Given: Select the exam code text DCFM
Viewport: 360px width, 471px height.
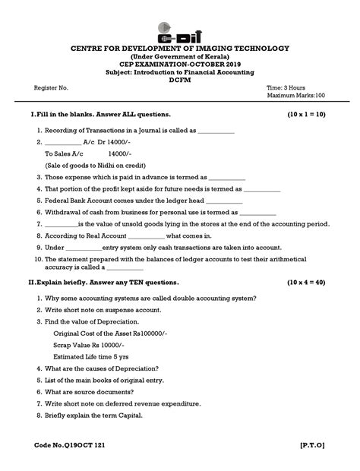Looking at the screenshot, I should [180, 77].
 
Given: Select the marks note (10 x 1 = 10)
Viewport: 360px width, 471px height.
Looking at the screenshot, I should [306, 114].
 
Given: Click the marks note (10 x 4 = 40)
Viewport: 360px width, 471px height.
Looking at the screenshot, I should [306, 283].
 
